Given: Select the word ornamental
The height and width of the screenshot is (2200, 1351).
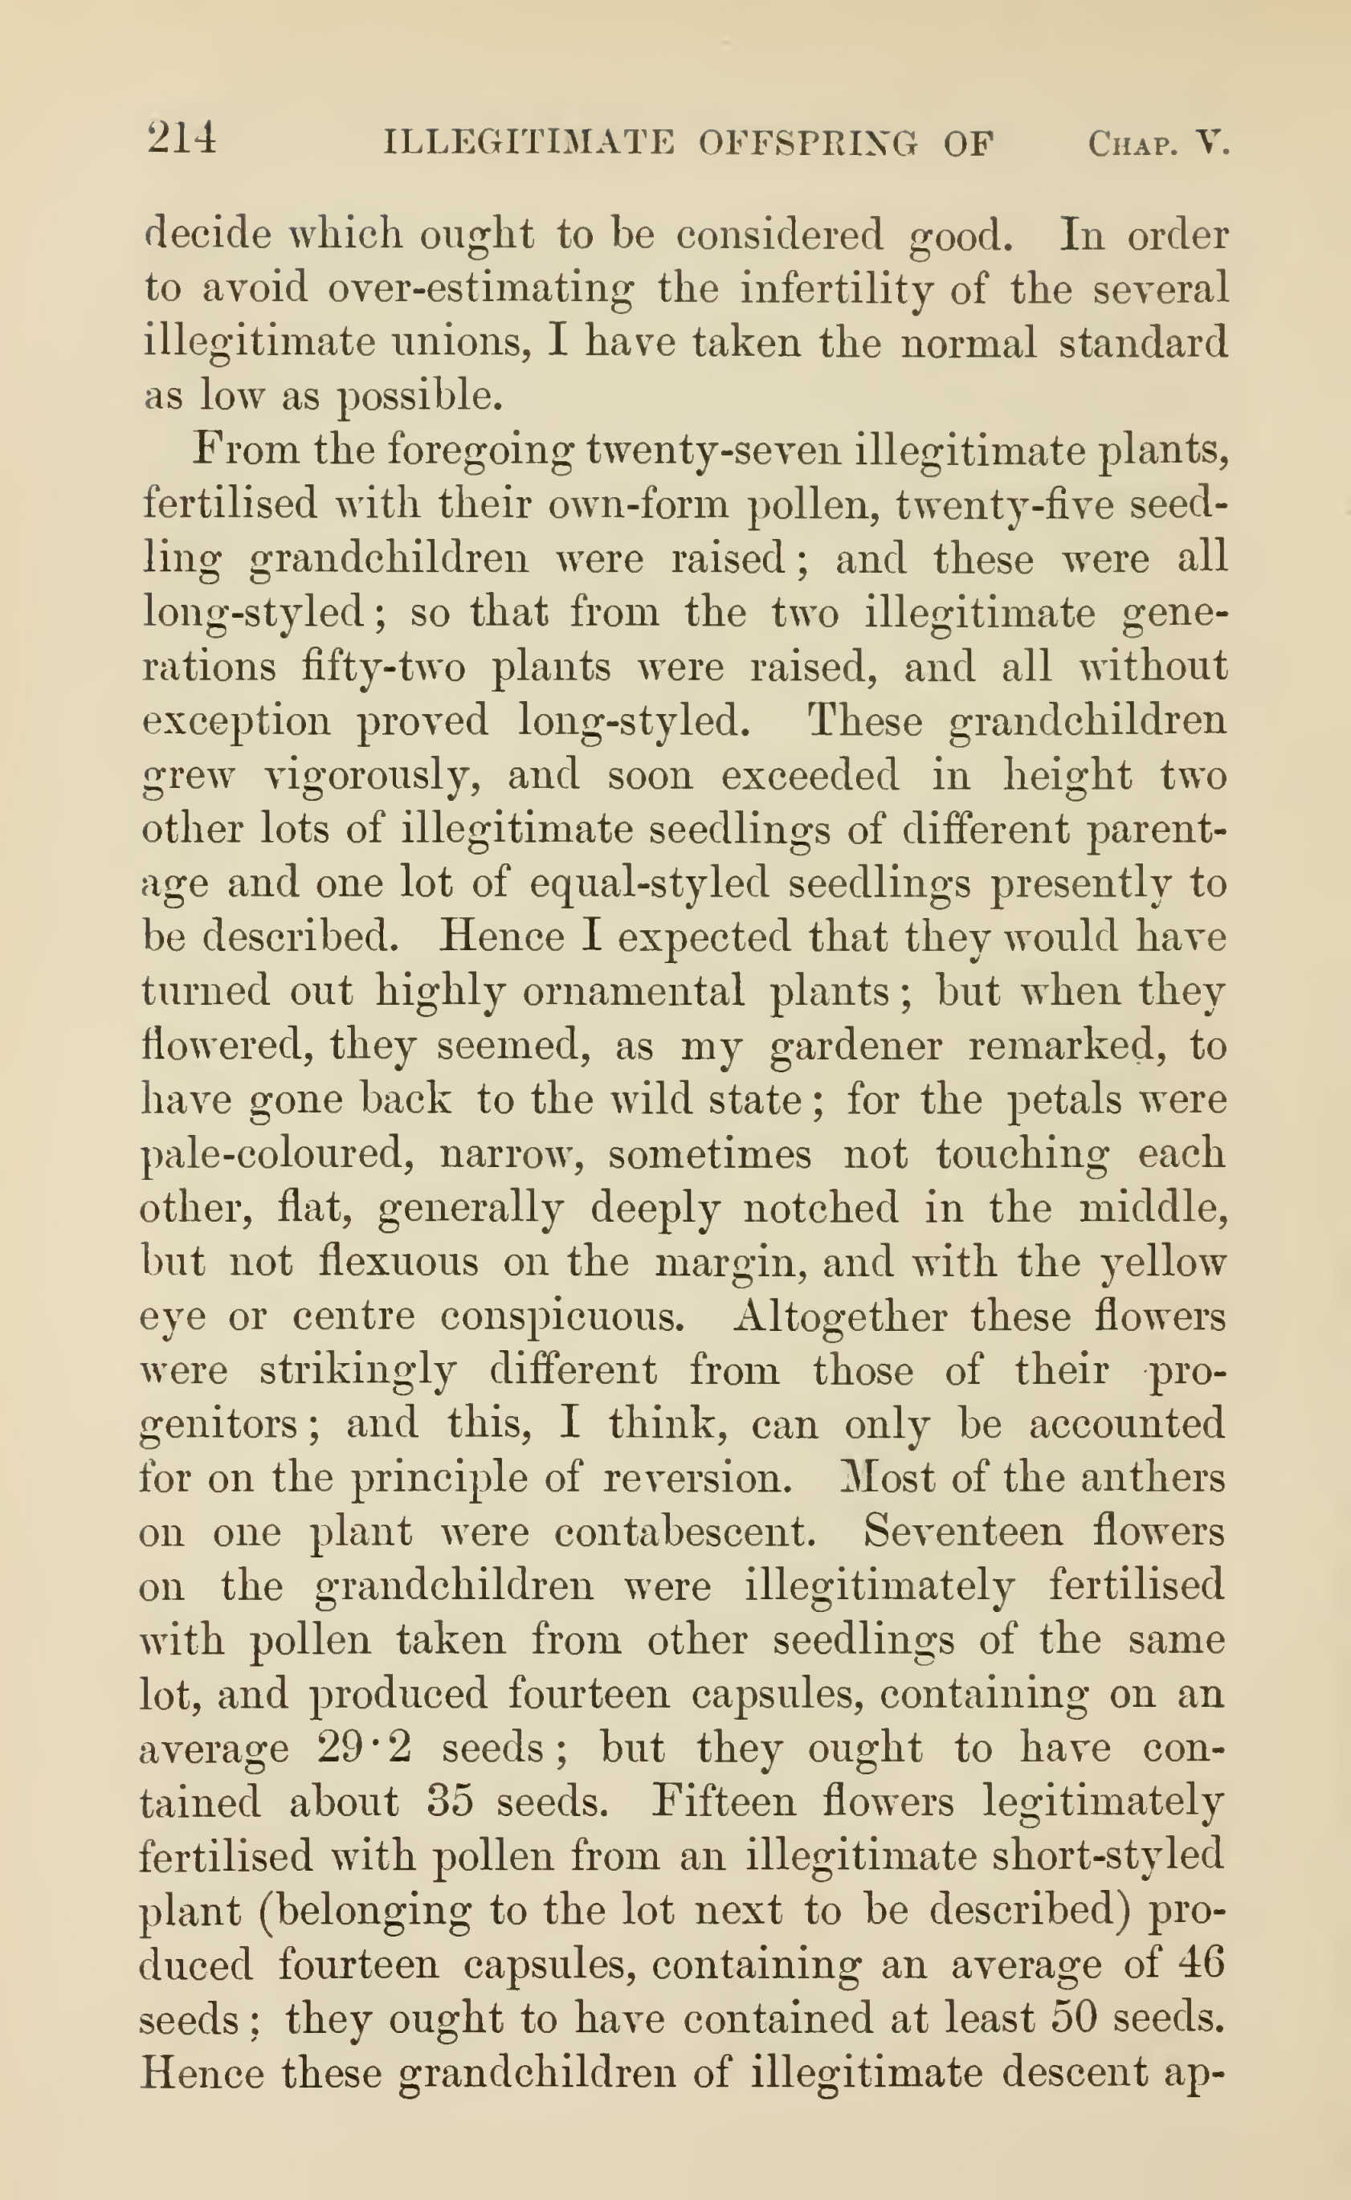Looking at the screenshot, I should [633, 991].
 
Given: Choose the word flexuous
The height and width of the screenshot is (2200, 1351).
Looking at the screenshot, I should [398, 1262].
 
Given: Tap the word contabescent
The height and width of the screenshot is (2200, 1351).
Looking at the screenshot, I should [685, 1533].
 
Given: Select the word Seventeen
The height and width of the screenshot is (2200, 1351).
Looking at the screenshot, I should [963, 1532].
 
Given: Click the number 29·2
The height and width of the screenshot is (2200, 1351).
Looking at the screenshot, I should [364, 1748].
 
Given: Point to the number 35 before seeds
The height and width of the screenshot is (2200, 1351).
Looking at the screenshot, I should [450, 1802].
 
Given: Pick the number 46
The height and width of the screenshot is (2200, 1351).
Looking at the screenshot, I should [1199, 1964].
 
